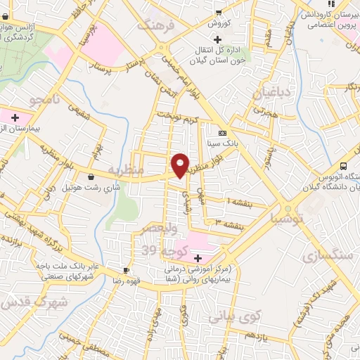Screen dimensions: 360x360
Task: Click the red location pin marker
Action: (x=181, y=165)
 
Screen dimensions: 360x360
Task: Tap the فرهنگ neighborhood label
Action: (x=154, y=26)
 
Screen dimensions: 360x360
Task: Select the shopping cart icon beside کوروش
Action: (x=219, y=12)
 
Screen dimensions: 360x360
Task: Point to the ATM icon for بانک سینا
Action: (x=221, y=133)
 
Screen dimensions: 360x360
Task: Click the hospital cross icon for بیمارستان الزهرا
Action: (x=15, y=116)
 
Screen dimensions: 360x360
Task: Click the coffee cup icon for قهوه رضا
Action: (x=126, y=270)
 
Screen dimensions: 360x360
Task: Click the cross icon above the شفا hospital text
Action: (x=197, y=258)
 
